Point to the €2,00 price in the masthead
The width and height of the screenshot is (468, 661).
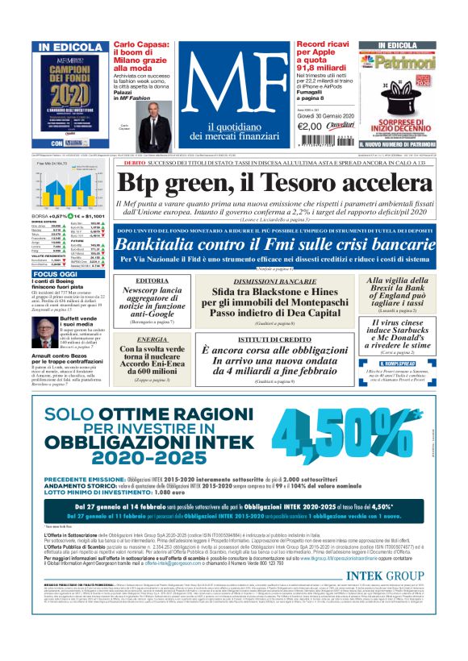tap(310, 126)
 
